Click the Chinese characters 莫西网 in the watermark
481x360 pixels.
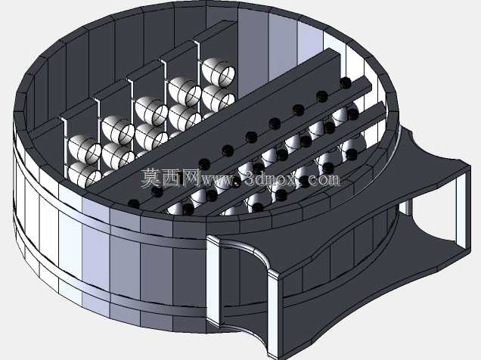tap(171, 178)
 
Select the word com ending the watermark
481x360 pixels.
tap(324, 180)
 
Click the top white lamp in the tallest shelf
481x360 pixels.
tap(219, 71)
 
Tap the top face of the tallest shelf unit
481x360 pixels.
tap(215, 31)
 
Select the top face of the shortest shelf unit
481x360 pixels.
tap(79, 112)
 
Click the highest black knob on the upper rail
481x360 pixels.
tap(346, 82)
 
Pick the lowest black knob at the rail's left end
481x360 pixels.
tap(133, 203)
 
